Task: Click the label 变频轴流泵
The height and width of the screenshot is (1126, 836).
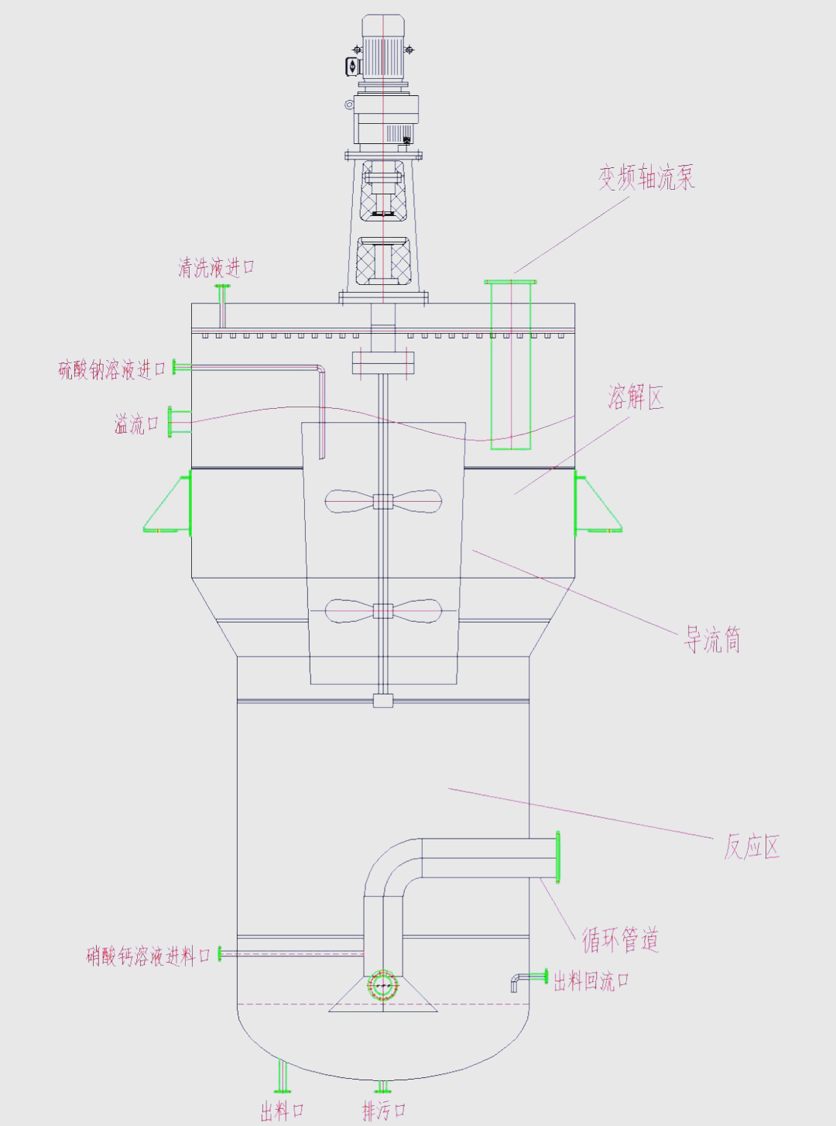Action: click(x=646, y=177)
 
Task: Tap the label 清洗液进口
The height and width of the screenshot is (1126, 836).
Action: click(x=216, y=268)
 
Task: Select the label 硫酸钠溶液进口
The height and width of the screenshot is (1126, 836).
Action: click(x=112, y=369)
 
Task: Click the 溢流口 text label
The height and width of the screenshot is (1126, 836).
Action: click(x=136, y=424)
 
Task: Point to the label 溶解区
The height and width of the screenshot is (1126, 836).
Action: click(x=636, y=397)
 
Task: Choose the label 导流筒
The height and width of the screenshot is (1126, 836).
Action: click(x=712, y=640)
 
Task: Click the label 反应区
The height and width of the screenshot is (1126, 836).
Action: click(x=751, y=846)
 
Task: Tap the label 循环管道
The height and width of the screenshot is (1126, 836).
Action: click(x=620, y=939)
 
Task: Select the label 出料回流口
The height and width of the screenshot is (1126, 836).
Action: click(x=591, y=981)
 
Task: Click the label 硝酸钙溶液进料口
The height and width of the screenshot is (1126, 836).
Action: click(x=148, y=956)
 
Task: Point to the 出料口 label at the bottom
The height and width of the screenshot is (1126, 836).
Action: click(x=282, y=1112)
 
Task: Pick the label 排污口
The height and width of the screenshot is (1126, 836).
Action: click(x=384, y=1111)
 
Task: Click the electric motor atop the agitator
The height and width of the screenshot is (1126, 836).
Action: click(x=383, y=48)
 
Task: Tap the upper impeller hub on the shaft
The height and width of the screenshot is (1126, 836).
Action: click(x=383, y=501)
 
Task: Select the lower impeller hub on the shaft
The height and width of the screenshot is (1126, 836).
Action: click(x=383, y=611)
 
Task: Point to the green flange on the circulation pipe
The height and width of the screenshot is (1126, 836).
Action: click(x=557, y=857)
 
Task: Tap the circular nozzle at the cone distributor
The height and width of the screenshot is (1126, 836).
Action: click(x=382, y=986)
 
